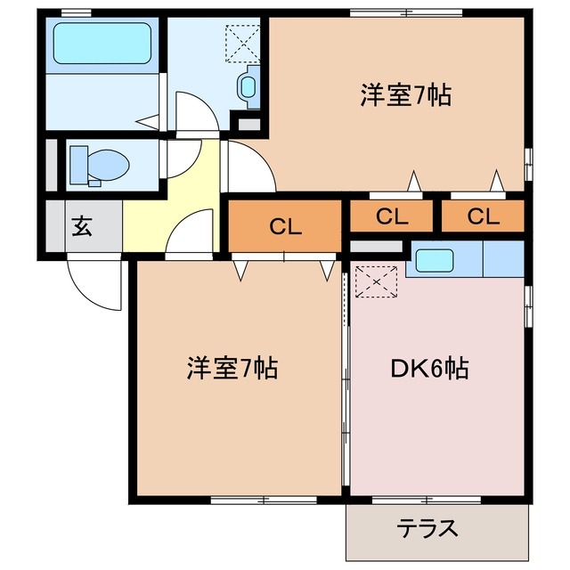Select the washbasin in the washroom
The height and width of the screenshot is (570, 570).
(x=248, y=86)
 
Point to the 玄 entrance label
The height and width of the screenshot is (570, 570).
(x=82, y=226)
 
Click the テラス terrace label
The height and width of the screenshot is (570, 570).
(x=427, y=529)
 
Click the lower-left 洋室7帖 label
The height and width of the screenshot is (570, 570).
(x=232, y=367)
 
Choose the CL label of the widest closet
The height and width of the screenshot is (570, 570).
(x=285, y=226)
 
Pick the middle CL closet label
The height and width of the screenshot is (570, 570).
(x=392, y=216)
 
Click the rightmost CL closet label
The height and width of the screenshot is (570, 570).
(x=484, y=216)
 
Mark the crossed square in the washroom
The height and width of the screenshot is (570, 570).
(x=240, y=40)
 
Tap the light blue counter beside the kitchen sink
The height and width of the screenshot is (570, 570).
(x=502, y=260)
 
